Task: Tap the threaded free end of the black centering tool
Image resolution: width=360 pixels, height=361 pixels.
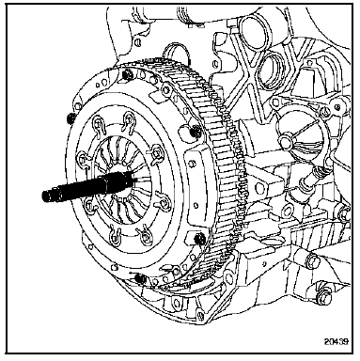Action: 46,196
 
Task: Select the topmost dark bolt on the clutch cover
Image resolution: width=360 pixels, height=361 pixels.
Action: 128,74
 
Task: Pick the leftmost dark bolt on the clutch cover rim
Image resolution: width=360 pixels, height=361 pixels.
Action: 70,118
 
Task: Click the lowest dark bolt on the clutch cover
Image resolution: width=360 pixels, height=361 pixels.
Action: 141,278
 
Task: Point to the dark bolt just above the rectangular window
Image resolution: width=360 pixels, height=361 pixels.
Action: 196,132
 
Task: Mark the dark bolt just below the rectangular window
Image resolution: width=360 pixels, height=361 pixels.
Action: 199,239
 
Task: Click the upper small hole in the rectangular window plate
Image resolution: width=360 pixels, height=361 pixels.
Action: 193,164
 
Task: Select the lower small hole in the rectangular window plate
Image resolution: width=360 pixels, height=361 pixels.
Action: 196,205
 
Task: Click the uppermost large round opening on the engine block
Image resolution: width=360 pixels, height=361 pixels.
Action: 255,33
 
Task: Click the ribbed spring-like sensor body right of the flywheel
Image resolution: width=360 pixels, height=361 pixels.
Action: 317,172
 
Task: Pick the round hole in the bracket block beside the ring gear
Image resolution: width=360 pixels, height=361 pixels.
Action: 259,188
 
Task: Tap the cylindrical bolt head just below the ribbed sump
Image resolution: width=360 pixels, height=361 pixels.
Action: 313,259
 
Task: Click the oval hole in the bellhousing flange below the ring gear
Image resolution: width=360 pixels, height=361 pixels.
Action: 177,303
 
